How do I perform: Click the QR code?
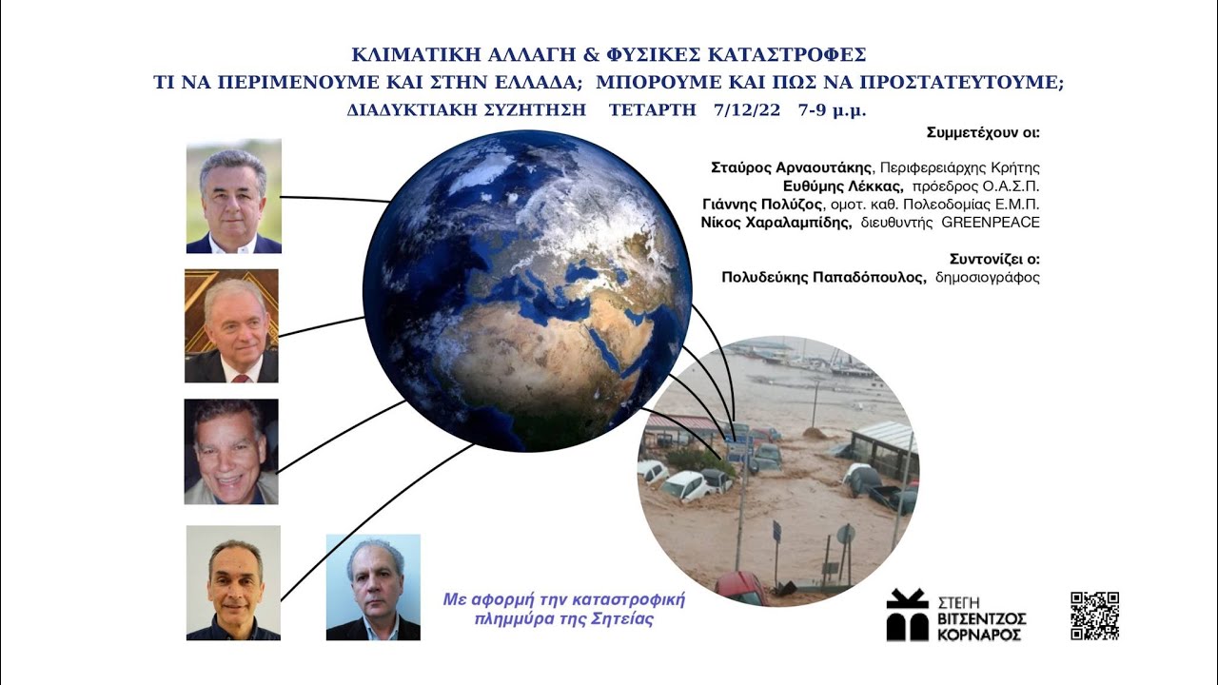pyautogui.click(x=1094, y=616)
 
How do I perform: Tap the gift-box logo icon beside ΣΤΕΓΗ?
pyautogui.click(x=907, y=615)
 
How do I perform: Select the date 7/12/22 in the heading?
pyautogui.click(x=746, y=110)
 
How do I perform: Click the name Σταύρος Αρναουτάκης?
pyautogui.click(x=791, y=167)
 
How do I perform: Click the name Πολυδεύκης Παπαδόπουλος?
pyautogui.click(x=824, y=278)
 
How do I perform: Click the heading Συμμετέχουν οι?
pyautogui.click(x=982, y=132)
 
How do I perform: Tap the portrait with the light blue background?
pyautogui.click(x=373, y=587)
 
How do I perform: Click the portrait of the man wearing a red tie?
pyautogui.click(x=231, y=326)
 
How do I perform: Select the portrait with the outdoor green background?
pyautogui.click(x=233, y=197)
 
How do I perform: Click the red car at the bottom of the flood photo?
pyautogui.click(x=740, y=588)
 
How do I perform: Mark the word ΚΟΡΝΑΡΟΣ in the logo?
pyautogui.click(x=983, y=634)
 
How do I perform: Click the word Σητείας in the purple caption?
pyautogui.click(x=624, y=618)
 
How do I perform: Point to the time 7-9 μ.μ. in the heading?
pyautogui.click(x=833, y=110)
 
